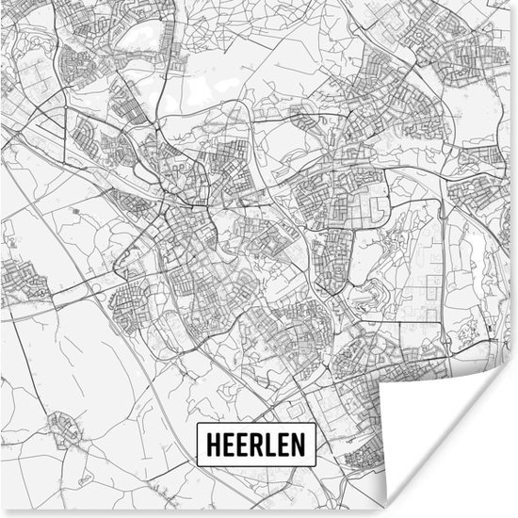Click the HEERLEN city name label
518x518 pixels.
tap(256, 444)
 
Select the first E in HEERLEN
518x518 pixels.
tap(226, 444)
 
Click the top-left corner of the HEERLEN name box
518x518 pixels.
tap(195, 427)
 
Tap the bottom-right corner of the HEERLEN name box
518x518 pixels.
tap(316, 461)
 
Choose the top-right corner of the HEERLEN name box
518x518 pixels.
tap(316, 427)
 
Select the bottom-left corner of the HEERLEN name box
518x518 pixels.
tap(195, 461)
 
